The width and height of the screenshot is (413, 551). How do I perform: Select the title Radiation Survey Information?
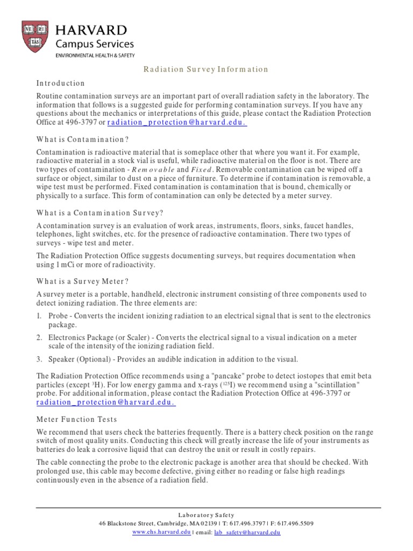(x=205, y=69)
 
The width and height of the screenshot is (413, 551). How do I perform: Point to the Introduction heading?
(x=60, y=83)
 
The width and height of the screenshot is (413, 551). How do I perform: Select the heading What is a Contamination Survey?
(x=99, y=213)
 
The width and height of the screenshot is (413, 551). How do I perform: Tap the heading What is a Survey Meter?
(x=82, y=281)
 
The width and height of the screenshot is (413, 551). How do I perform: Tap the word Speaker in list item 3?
(x=62, y=359)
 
